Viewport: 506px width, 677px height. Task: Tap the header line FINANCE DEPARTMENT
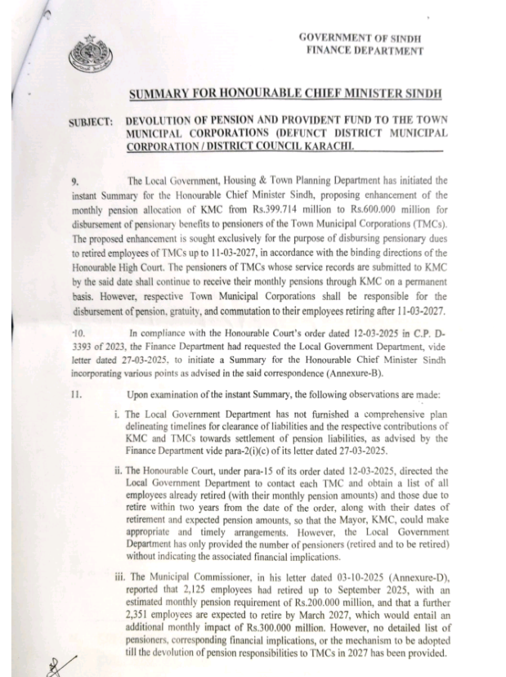point(365,51)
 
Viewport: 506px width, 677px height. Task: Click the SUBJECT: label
point(91,122)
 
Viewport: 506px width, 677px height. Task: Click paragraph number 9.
point(75,179)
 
